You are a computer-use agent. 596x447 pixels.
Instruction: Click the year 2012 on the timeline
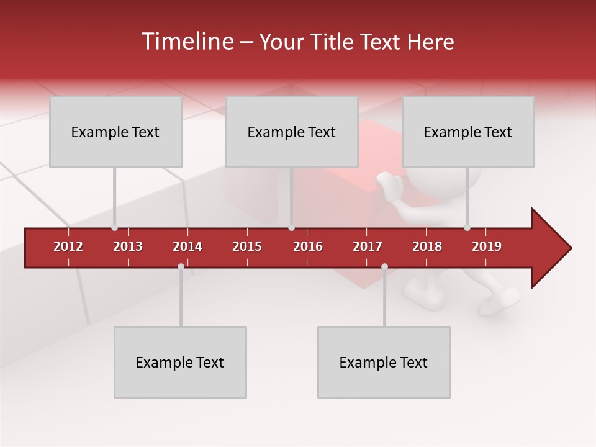(68, 246)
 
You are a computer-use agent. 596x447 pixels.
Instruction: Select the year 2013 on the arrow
(128, 246)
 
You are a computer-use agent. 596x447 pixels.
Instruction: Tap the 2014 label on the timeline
(187, 246)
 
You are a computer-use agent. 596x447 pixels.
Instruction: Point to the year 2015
(247, 246)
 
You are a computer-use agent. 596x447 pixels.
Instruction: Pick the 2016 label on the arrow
(308, 246)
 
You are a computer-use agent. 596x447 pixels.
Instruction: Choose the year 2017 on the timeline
(368, 246)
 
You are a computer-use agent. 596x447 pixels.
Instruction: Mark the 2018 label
(427, 246)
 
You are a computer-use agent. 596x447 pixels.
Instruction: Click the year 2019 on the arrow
(487, 246)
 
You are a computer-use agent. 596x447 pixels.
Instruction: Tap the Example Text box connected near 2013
(115, 132)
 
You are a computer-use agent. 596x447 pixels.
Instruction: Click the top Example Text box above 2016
(292, 132)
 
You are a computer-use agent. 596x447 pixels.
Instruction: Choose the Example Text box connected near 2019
(468, 132)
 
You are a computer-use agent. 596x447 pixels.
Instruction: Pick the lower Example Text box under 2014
(180, 362)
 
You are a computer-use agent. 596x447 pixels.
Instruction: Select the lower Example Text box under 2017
(384, 362)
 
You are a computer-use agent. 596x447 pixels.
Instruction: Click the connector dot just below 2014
(181, 266)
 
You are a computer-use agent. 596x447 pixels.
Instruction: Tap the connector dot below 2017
(384, 266)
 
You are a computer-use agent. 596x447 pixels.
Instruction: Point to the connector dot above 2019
(467, 228)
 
